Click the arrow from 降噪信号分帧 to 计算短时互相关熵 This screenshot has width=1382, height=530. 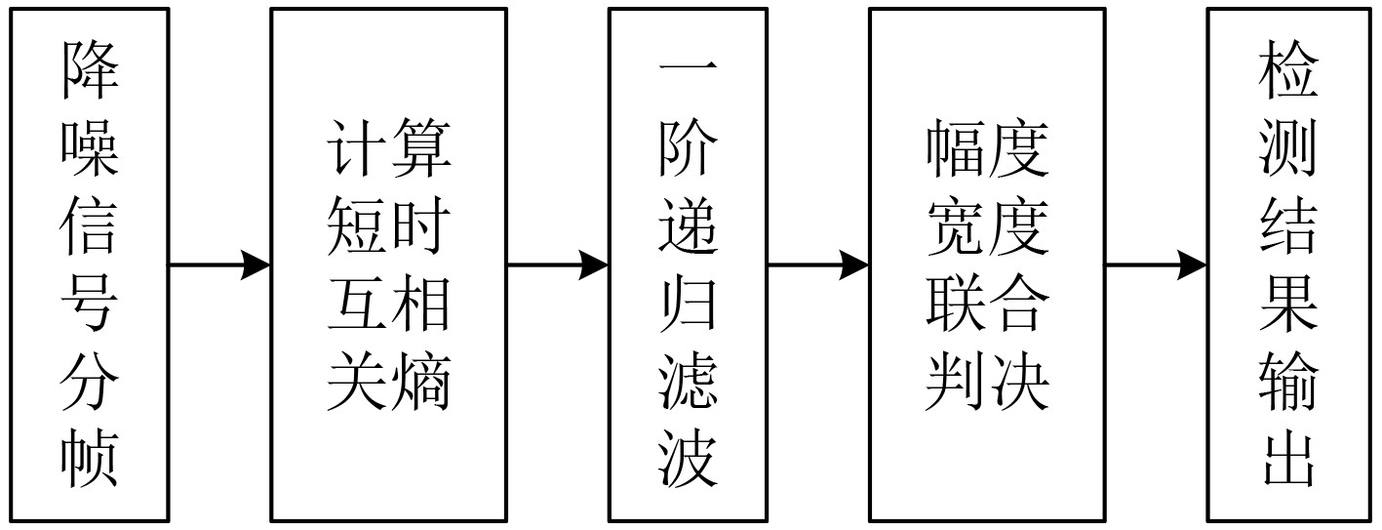point(219,265)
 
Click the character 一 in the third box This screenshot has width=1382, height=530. point(689,71)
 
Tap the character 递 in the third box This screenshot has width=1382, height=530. point(689,226)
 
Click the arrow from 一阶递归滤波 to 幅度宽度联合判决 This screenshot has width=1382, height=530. point(818,265)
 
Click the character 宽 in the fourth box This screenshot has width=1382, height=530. point(957,226)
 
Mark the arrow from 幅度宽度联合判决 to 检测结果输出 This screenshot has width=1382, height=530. point(1156,265)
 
